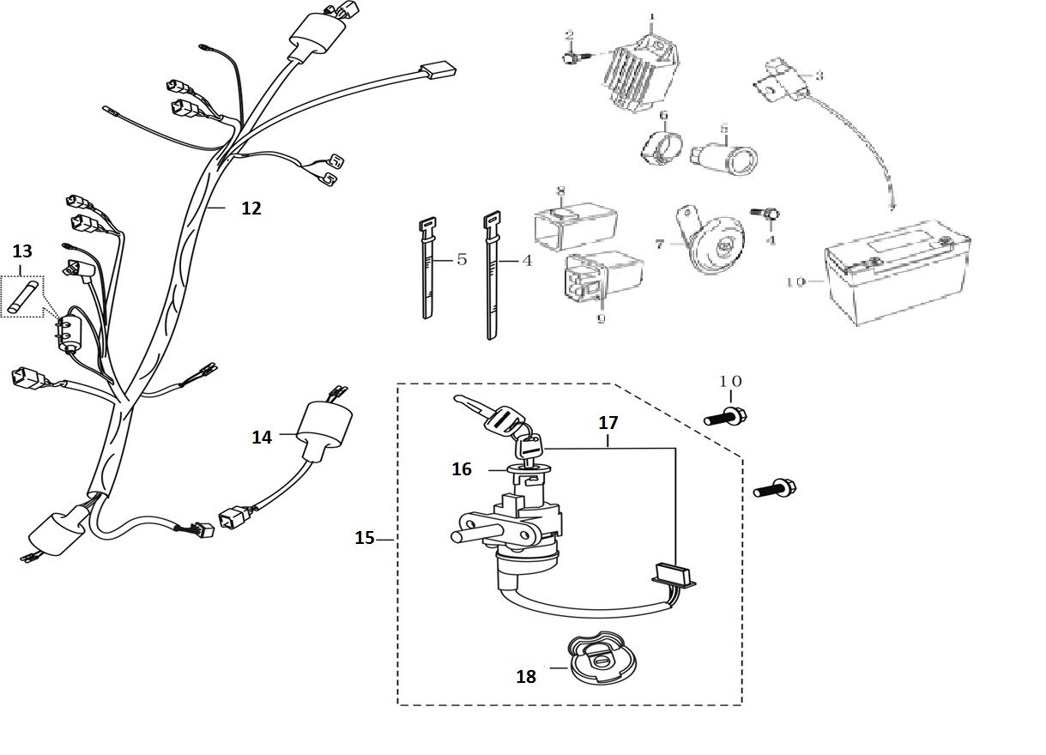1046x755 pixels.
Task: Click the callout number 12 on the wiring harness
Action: (251, 208)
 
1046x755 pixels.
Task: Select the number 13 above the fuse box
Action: (22, 251)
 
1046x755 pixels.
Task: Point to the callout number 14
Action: (262, 438)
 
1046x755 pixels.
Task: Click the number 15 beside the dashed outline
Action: (365, 538)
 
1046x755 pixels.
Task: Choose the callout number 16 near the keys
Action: (462, 469)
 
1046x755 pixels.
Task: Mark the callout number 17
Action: (608, 423)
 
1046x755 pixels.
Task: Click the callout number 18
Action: (526, 677)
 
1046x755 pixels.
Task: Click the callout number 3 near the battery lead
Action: (819, 75)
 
